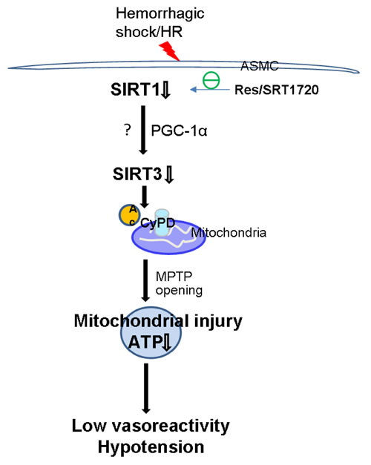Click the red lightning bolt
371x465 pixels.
pyautogui.click(x=171, y=51)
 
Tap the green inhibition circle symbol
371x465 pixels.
pyautogui.click(x=211, y=80)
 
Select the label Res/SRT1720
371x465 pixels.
pyautogui.click(x=277, y=90)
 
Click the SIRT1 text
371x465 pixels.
pyautogui.click(x=135, y=89)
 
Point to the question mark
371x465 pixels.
pyautogui.click(x=128, y=130)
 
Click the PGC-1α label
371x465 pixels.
pyautogui.click(x=179, y=131)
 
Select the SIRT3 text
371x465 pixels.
pyautogui.click(x=137, y=174)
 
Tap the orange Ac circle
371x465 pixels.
pyautogui.click(x=129, y=215)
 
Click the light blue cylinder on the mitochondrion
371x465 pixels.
pyautogui.click(x=162, y=222)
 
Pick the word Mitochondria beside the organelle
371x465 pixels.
pyautogui.click(x=229, y=233)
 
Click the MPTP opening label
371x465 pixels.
pyautogui.click(x=179, y=283)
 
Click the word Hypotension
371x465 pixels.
pyautogui.click(x=151, y=447)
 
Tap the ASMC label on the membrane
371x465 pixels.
pyautogui.click(x=260, y=66)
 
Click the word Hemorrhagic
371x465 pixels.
pyautogui.click(x=160, y=14)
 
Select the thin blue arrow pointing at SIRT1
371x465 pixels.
pyautogui.click(x=210, y=90)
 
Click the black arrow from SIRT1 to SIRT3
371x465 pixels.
pyautogui.click(x=144, y=131)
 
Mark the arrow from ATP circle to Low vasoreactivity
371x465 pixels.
pyautogui.click(x=146, y=389)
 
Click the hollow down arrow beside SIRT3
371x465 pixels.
pyautogui.click(x=169, y=175)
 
